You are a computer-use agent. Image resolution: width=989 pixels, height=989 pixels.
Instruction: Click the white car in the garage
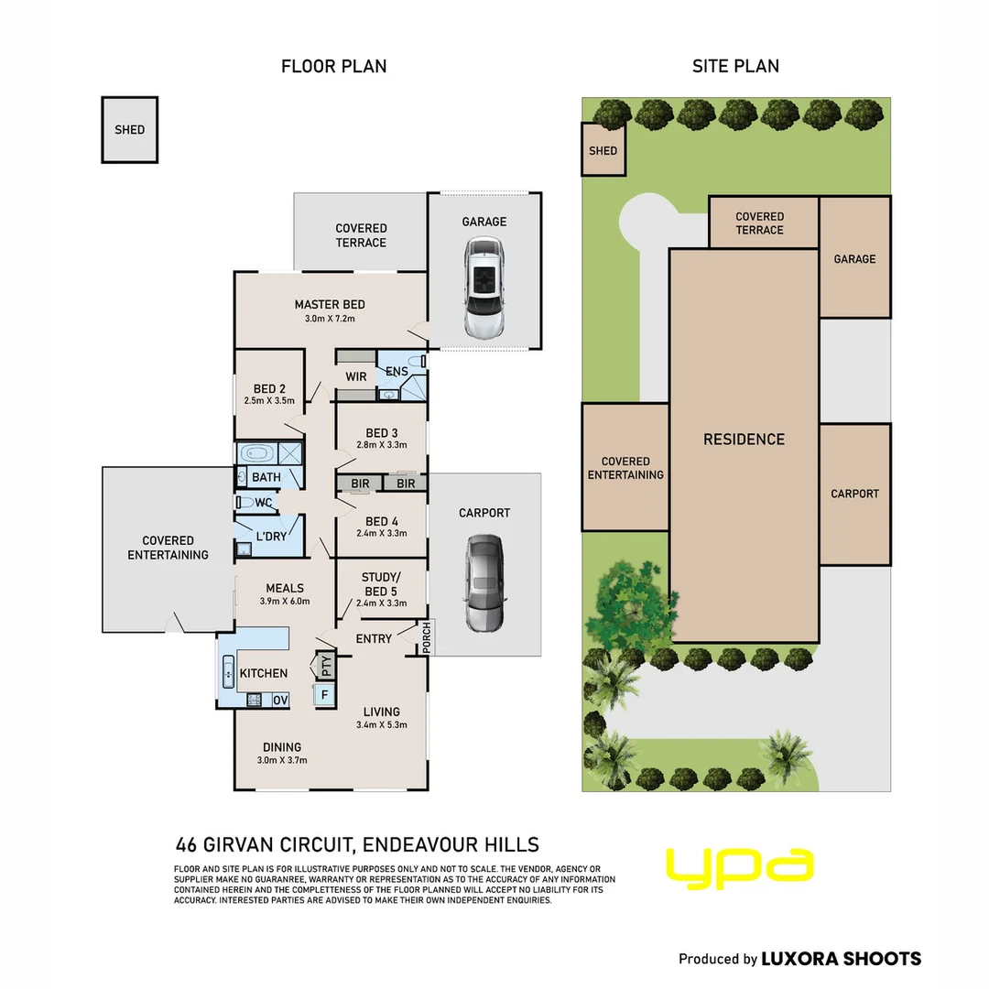pos(484,288)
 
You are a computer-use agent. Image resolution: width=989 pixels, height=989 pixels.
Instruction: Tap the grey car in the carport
pos(484,583)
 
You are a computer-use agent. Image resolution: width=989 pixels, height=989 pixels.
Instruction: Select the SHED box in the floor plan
pos(129,130)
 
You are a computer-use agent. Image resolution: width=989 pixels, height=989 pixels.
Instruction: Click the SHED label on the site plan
pos(603,151)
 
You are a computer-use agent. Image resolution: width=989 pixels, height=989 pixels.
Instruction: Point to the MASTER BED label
pos(330,305)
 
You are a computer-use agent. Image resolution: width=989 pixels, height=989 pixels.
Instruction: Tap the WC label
pos(264,503)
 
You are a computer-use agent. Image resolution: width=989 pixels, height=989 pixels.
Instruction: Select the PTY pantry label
pos(326,666)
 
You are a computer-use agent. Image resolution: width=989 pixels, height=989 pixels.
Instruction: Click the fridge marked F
pos(325,695)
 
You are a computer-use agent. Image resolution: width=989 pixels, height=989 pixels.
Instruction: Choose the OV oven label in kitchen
pos(281,701)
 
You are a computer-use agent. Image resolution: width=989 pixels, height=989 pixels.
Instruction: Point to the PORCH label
pos(427,637)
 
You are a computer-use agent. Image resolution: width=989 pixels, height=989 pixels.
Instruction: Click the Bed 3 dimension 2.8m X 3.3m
pos(382,445)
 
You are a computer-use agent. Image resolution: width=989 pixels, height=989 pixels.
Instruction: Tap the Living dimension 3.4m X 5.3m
pos(382,724)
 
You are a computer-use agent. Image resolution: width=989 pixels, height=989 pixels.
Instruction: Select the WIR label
pos(355,376)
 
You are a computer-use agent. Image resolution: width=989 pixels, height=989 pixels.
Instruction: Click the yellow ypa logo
pos(740,868)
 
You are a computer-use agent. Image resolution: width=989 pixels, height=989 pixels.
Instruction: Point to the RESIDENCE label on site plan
pos(744,439)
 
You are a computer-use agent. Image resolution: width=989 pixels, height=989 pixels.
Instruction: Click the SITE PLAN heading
pos(735,66)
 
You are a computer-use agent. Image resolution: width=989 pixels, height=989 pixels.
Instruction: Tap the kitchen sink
pos(228,672)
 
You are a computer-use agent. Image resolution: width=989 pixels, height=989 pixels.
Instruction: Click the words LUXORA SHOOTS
pos(842,959)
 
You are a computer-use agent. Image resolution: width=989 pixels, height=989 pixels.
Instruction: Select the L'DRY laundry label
pos(271,536)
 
